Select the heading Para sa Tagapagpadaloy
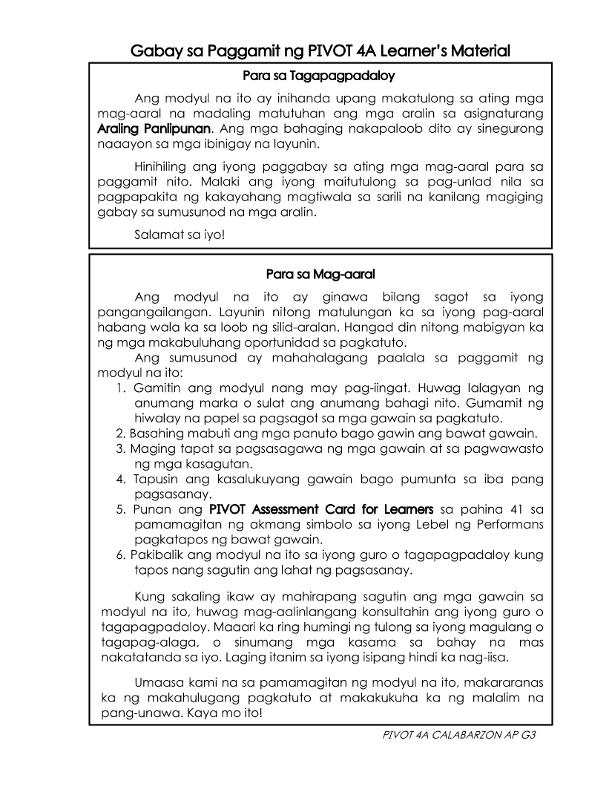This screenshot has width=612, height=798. click(319, 76)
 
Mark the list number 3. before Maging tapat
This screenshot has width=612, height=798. click(120, 449)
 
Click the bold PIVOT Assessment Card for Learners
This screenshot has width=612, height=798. click(321, 510)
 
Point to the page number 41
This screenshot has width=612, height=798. click(518, 510)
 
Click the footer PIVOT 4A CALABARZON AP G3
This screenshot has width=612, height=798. click(458, 735)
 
